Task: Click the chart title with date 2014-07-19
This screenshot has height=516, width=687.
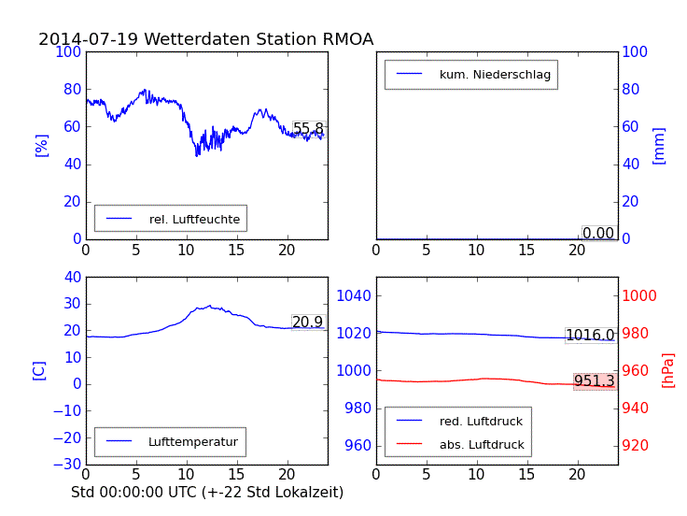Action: pyautogui.click(x=205, y=39)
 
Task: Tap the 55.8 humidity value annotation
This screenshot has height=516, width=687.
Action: pyautogui.click(x=308, y=129)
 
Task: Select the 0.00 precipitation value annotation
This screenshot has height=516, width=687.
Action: pyautogui.click(x=598, y=233)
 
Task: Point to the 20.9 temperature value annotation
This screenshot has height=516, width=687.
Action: pyautogui.click(x=307, y=322)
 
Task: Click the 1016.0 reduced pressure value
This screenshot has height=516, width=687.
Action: pyautogui.click(x=590, y=336)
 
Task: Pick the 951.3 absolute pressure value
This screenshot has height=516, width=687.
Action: pyautogui.click(x=594, y=381)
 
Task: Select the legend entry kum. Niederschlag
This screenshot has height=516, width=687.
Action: pyautogui.click(x=495, y=74)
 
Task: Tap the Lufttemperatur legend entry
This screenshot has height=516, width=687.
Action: pyautogui.click(x=192, y=441)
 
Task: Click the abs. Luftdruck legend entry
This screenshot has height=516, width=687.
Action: pyautogui.click(x=481, y=445)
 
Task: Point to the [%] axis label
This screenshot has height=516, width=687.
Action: pyautogui.click(x=41, y=145)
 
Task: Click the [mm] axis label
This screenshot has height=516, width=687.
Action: pyautogui.click(x=659, y=145)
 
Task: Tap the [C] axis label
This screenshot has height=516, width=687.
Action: pyautogui.click(x=39, y=370)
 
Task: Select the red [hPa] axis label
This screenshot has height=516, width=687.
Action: pyautogui.click(x=668, y=370)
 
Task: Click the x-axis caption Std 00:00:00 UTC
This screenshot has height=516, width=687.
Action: pyautogui.click(x=207, y=492)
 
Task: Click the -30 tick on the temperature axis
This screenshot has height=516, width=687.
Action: pyautogui.click(x=66, y=465)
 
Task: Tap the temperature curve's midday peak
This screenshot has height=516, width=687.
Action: pyautogui.click(x=209, y=306)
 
